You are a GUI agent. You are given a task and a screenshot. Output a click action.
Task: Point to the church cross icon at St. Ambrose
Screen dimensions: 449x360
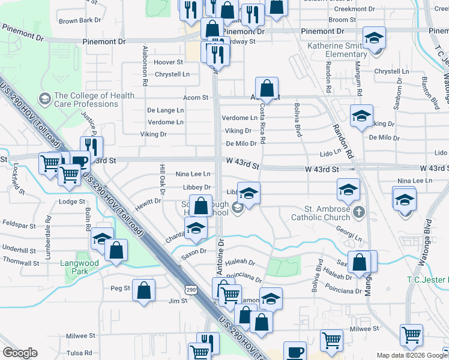pyautogui.click(x=358, y=211)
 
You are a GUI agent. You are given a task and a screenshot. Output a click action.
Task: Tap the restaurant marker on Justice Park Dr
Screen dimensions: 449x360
pyautogui.click(x=91, y=146)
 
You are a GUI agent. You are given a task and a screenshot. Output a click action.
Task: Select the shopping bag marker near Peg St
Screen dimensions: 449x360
pyautogui.click(x=144, y=292)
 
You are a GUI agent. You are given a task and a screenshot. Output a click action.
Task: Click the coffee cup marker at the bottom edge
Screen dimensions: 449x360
pyautogui.click(x=294, y=351)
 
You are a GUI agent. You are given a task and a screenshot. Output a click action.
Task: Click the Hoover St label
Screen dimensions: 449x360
pyautogui.click(x=168, y=62)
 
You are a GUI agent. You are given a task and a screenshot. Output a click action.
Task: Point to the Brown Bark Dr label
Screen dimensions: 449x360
pyautogui.click(x=80, y=20)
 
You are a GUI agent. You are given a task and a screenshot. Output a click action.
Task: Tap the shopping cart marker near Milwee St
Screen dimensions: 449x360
pyautogui.click(x=411, y=335)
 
